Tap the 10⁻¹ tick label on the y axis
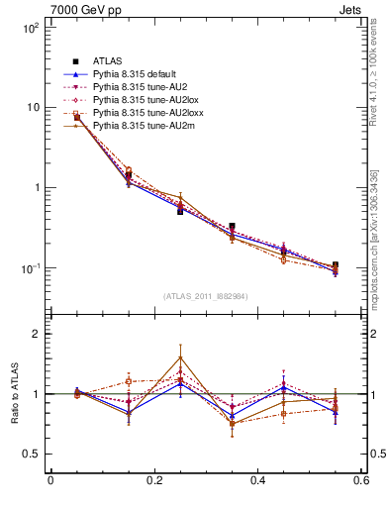click(30, 268)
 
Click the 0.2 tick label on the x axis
click(153, 481)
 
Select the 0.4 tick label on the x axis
click(257, 481)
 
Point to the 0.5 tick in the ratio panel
click(30, 454)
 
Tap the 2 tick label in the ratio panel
click(35, 335)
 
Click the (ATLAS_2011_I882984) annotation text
click(206, 296)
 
